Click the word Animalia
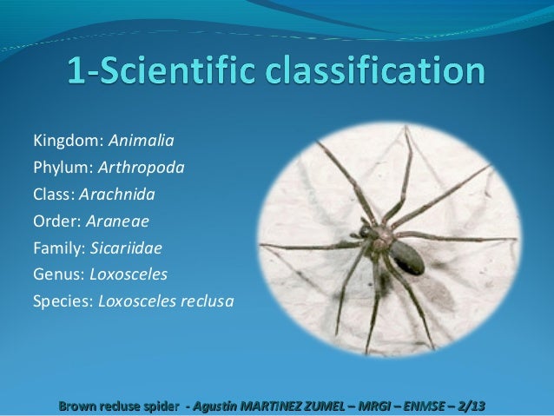tap(141, 140)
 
